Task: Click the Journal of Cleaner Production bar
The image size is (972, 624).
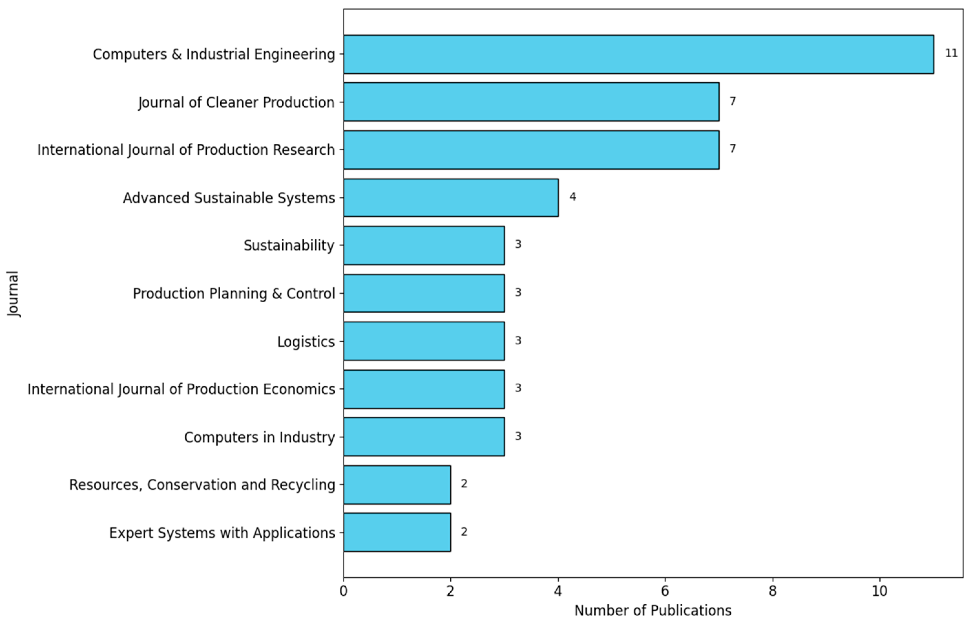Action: click(531, 102)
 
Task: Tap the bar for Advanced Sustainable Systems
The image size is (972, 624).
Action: click(451, 198)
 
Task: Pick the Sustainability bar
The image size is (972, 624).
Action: click(424, 245)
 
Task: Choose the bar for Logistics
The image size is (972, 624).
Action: click(424, 341)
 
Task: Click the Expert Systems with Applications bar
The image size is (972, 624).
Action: click(397, 532)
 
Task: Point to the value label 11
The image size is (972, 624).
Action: click(951, 53)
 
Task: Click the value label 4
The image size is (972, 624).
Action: click(572, 197)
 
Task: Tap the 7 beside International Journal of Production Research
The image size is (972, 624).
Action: click(733, 149)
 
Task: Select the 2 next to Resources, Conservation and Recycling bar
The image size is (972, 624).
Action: click(464, 484)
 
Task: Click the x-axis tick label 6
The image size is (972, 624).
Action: click(665, 591)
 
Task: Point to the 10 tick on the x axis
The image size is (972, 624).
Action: click(880, 591)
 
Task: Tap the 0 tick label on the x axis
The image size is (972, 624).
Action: click(344, 591)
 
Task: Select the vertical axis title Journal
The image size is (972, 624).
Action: click(13, 294)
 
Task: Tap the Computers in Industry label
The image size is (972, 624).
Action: click(259, 437)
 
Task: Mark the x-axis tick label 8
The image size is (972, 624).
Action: click(773, 591)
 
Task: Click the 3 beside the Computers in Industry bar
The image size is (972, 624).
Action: click(518, 436)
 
